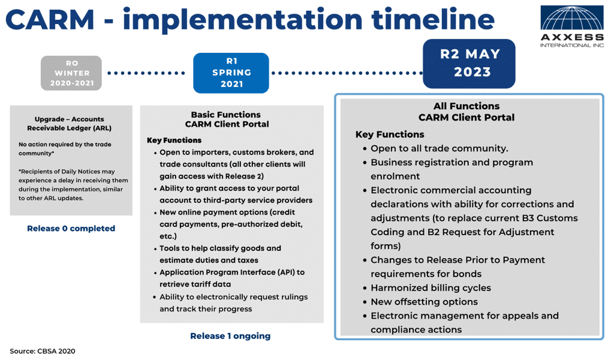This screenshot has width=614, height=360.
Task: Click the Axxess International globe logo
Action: click(572, 19)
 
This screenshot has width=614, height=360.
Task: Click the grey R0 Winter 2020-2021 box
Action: click(71, 73)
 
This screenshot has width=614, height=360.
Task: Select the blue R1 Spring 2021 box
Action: click(231, 73)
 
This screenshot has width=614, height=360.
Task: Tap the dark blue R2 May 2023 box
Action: click(469, 64)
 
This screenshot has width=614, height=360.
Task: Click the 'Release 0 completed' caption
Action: click(71, 229)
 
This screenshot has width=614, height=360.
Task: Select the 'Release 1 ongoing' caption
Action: click(230, 336)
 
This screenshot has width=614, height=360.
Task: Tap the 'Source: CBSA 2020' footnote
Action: click(43, 351)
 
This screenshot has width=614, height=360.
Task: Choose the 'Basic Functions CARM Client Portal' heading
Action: click(227, 119)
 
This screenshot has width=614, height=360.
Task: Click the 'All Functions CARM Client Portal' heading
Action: click(466, 112)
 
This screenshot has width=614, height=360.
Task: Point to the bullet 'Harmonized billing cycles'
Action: click(431, 288)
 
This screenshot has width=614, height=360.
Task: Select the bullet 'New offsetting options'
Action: click(424, 302)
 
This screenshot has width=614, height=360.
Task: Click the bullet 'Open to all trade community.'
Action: click(439, 149)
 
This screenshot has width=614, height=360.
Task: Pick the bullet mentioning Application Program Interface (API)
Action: click(231, 278)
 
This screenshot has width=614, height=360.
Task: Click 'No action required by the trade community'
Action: click(65, 149)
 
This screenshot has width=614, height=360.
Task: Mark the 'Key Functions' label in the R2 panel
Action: click(390, 134)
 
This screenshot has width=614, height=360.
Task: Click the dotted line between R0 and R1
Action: click(147, 73)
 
